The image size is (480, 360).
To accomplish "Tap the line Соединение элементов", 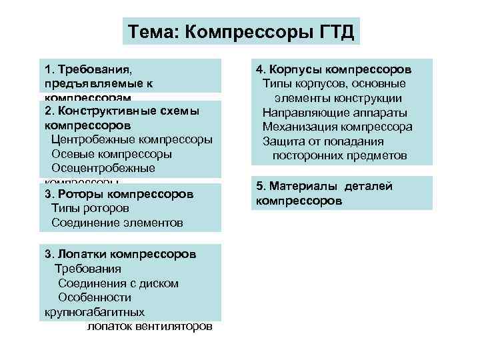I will tap(117, 223).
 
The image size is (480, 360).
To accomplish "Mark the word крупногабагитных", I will tap(93, 311).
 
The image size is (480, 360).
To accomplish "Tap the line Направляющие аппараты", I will tap(335, 112).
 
